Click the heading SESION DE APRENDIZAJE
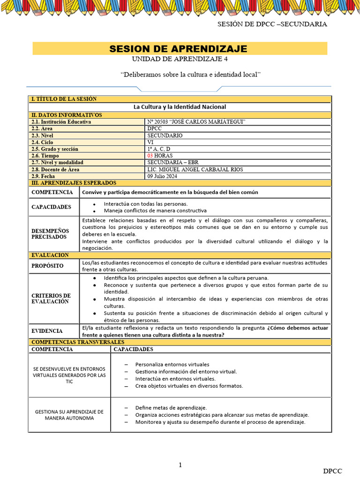coord(178,49)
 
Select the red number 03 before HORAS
coord(150,156)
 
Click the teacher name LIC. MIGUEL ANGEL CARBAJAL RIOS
coord(195,169)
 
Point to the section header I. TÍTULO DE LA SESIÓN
coord(64,99)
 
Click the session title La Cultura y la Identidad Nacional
coord(180,107)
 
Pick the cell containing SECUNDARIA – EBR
coord(173,163)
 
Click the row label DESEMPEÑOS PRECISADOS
coord(50,234)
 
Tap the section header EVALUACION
coord(50,255)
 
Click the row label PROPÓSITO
coord(47,266)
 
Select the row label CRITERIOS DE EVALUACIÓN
coord(51,299)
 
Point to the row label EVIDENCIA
coord(47,330)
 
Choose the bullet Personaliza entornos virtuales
coord(172,364)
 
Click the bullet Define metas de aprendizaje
coord(171,408)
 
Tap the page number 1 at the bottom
coord(180,465)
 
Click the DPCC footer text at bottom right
coord(332,471)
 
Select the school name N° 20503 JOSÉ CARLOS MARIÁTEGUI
coord(196,122)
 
